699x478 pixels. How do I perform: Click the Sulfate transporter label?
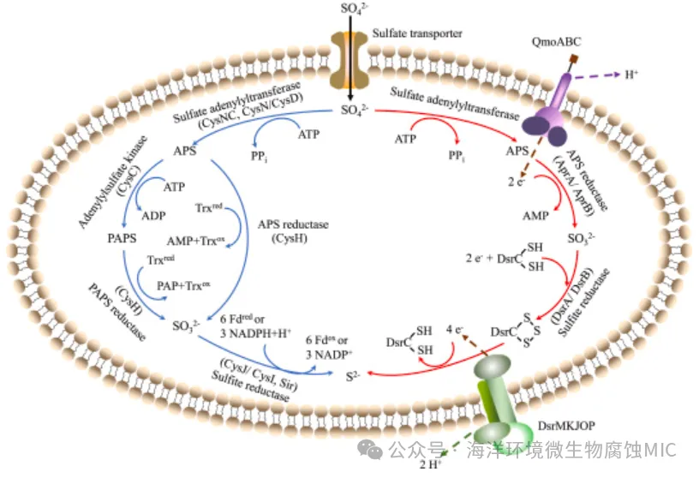[417, 33]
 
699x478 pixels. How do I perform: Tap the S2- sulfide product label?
[352, 374]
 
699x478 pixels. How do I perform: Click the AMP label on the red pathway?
[536, 216]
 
